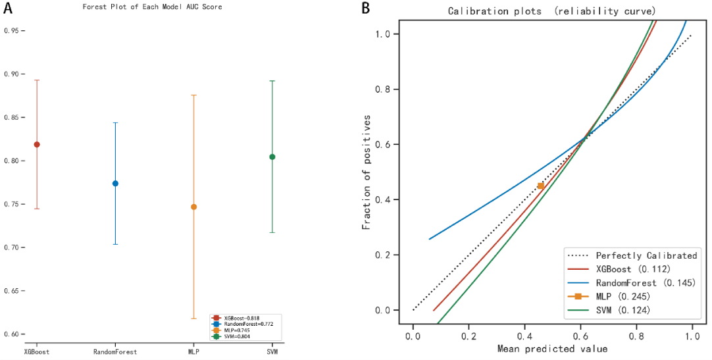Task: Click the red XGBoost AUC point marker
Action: tap(37, 144)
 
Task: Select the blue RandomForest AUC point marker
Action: tap(115, 183)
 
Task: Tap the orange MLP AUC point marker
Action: tap(193, 207)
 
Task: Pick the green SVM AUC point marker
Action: tap(272, 157)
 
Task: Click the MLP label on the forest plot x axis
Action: tap(193, 351)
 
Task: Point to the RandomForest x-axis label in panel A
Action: tap(115, 351)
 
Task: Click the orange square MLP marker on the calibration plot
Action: tap(541, 186)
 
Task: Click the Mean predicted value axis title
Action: tap(552, 349)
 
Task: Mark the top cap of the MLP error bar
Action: tap(193, 95)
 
